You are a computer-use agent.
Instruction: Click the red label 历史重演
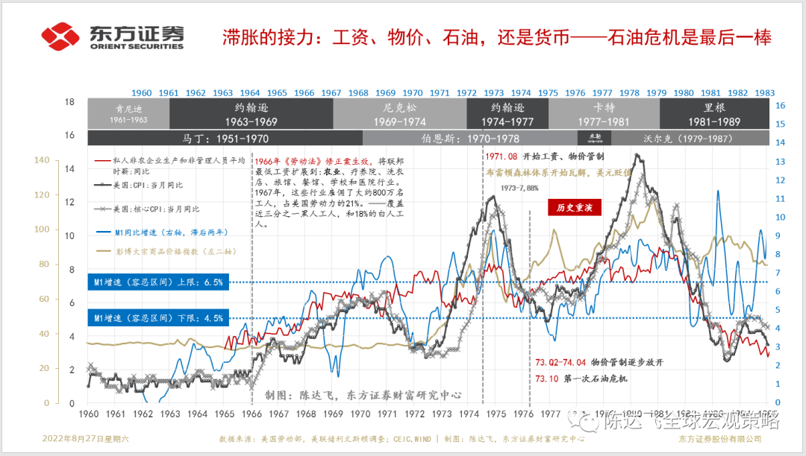point(574,208)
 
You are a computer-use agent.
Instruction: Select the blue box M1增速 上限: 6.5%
point(157,282)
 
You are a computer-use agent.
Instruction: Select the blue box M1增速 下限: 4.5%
point(157,318)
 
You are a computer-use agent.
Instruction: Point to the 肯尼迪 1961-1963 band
point(128,114)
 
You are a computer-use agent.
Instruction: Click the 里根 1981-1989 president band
point(716,114)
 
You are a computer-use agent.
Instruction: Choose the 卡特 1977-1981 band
point(603,114)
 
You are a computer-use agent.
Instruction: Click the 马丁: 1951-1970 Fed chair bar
point(225,138)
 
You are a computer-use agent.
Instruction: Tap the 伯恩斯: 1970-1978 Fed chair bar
point(470,138)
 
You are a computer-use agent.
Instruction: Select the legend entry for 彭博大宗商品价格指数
point(171,254)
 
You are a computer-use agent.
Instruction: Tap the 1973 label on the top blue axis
point(494,93)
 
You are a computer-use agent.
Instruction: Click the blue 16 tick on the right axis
point(780,106)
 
